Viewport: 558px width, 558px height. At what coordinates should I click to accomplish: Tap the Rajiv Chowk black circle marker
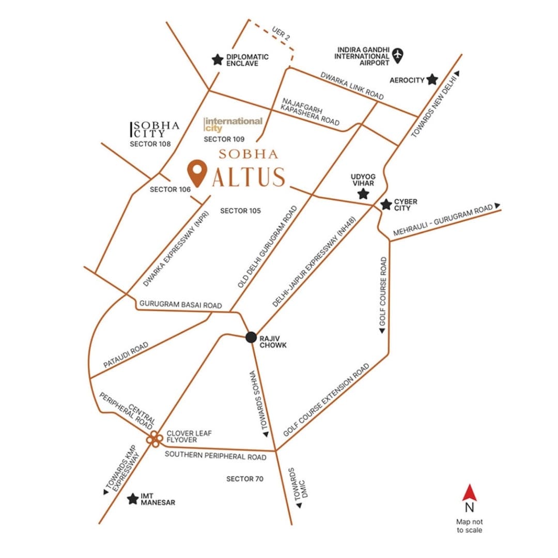251,337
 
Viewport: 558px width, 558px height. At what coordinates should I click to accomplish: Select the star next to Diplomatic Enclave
218,60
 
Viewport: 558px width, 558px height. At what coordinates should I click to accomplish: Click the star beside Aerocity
432,80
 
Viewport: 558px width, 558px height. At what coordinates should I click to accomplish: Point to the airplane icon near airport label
398,54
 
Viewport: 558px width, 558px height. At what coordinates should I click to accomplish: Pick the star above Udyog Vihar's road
364,194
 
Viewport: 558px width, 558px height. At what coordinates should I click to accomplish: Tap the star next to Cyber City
385,205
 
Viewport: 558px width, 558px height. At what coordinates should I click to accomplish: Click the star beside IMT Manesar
133,499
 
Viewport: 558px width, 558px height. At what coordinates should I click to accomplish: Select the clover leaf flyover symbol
154,439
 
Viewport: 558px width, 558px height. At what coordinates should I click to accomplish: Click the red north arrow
469,492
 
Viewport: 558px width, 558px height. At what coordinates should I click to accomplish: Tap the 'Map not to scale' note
469,526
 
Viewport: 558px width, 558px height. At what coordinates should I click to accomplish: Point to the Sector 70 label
245,479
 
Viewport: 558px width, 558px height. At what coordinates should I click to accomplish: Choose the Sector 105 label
240,211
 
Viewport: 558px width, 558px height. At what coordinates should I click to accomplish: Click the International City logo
233,125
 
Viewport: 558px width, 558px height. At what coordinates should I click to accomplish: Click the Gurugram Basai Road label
180,305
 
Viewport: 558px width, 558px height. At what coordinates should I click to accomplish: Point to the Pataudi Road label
126,355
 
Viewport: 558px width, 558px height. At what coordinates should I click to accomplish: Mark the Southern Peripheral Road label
215,456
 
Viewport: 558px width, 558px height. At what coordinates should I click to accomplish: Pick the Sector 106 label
170,190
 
